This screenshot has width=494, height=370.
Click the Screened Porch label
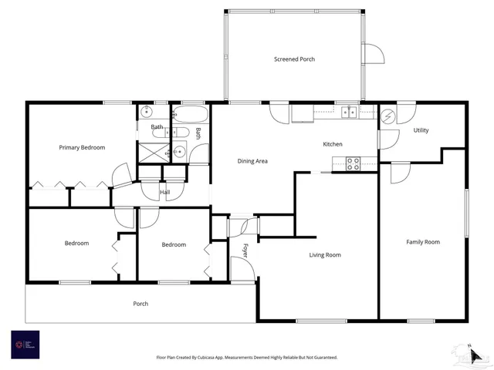[295, 59]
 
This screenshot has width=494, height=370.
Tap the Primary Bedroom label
[82, 147]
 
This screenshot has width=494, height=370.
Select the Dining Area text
[252, 161]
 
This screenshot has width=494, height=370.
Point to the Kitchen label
[333, 144]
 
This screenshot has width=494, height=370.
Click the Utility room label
[421, 130]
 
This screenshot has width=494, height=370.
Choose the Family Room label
[423, 242]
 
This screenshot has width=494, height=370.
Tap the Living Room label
[325, 254]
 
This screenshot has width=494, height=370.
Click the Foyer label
[246, 251]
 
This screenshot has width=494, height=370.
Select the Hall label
[164, 193]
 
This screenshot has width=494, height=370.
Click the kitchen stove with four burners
[352, 163]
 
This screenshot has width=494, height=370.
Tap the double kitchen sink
[348, 113]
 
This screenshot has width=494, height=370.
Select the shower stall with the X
[152, 150]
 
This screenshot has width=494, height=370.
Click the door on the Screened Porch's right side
[373, 54]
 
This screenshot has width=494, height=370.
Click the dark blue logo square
[25, 345]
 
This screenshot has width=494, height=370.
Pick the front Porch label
[140, 304]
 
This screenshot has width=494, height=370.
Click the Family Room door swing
[400, 173]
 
